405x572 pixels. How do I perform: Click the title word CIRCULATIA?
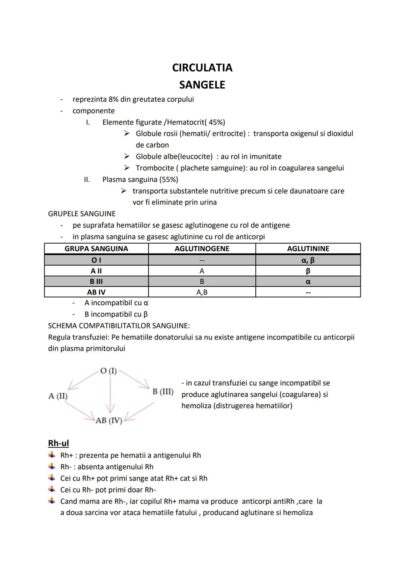point(202,68)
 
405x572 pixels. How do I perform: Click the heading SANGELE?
point(202,85)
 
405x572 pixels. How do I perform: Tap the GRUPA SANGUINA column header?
point(96,249)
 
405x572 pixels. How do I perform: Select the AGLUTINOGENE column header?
point(202,249)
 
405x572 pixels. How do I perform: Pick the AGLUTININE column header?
point(308,249)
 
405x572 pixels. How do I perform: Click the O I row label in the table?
point(96,260)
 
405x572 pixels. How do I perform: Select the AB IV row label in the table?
point(96,292)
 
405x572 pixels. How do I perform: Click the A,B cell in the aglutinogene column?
point(202,292)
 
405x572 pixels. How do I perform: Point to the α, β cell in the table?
point(308,260)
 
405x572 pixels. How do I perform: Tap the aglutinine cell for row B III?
point(308,281)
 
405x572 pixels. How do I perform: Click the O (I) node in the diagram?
point(108,371)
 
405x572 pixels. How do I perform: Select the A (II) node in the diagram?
point(58,396)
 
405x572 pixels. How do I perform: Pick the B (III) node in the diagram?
point(163,392)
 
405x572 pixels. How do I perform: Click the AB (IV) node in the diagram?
point(109,420)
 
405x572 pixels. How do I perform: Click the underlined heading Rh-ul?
point(58,443)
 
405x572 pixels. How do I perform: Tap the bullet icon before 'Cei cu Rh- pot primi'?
point(51,489)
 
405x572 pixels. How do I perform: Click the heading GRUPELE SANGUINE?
point(82,214)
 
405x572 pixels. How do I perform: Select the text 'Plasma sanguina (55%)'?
point(140,179)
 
